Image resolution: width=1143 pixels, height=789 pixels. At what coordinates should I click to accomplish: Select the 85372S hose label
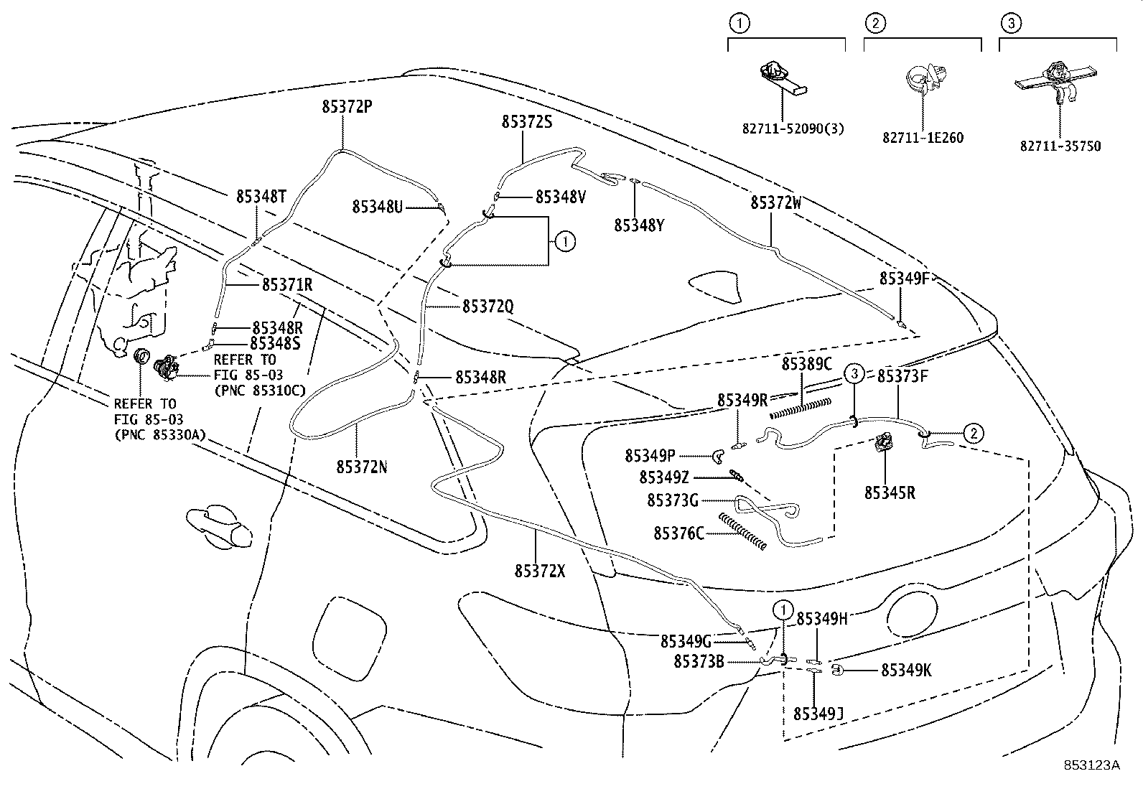(x=527, y=123)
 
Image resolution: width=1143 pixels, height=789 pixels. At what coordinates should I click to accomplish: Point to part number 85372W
(x=776, y=203)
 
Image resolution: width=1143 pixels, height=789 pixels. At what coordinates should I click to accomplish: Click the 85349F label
(x=905, y=279)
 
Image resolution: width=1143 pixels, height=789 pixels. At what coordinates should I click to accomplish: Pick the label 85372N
(x=362, y=467)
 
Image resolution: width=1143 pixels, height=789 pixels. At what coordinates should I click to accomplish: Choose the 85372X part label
(x=540, y=571)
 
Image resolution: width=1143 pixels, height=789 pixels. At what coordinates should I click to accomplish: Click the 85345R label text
(x=890, y=493)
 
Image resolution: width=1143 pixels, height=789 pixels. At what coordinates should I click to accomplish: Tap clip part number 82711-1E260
(x=923, y=138)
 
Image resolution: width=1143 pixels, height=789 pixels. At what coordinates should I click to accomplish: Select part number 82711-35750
(x=1060, y=146)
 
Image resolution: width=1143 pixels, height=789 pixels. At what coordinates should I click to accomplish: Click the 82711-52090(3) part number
(x=793, y=129)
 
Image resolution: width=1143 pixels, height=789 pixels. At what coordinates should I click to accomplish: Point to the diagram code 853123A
(x=1091, y=765)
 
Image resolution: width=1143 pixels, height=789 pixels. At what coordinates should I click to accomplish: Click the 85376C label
(x=678, y=533)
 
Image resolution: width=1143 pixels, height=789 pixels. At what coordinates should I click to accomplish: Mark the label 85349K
(x=906, y=671)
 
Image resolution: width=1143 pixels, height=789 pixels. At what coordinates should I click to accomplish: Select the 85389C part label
(x=806, y=364)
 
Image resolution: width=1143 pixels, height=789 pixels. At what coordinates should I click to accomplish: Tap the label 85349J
(x=818, y=713)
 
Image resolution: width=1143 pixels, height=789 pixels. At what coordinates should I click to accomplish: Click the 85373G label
(x=673, y=500)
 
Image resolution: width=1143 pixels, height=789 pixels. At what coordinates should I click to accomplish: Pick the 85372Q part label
(x=487, y=307)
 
